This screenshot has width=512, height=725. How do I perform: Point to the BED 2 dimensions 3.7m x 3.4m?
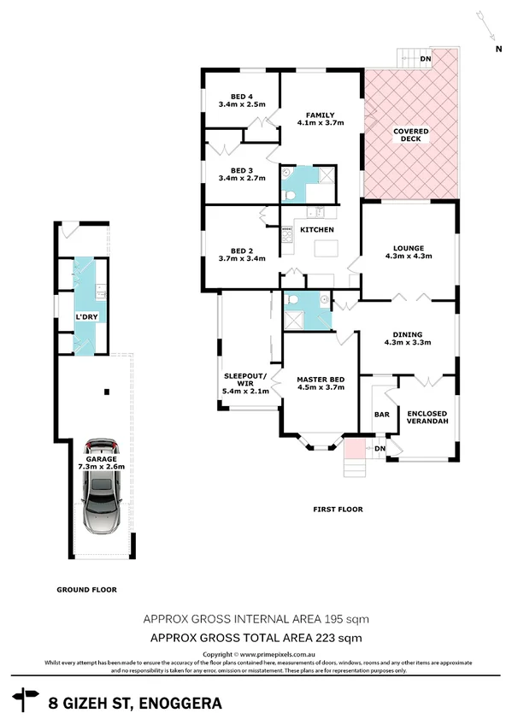point(243,258)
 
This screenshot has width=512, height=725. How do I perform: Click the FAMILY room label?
point(321,115)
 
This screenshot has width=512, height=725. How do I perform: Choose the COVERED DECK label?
point(410,135)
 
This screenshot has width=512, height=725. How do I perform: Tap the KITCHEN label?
point(316,230)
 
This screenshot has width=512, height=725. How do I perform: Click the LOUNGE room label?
point(409,248)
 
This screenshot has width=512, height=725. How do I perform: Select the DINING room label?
point(409,334)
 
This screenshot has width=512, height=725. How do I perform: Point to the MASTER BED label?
point(320,379)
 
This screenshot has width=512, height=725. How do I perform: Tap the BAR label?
point(381,415)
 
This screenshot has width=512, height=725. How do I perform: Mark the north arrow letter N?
point(498,50)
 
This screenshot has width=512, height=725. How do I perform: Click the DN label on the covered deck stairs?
point(426,59)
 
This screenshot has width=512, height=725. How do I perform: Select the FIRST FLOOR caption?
point(338,510)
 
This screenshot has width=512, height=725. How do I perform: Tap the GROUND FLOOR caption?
point(86,589)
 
